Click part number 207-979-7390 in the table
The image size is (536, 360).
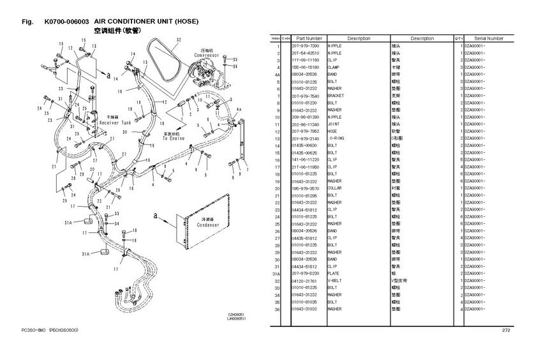tap(305, 47)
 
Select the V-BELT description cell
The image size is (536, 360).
tap(335, 281)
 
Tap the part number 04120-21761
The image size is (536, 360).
tap(305, 281)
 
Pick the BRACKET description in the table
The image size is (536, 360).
tap(336, 96)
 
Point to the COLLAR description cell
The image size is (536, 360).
tap(335, 188)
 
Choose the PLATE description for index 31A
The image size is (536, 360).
tap(334, 274)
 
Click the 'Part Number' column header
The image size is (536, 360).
tap(309, 38)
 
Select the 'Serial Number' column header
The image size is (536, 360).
tap(489, 38)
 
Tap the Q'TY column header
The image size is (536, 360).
tap(459, 38)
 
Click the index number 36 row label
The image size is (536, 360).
tap(278, 310)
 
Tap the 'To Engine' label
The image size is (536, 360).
tap(174, 138)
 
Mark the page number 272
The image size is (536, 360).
tap(506, 330)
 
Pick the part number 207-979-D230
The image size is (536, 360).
tap(305, 274)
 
